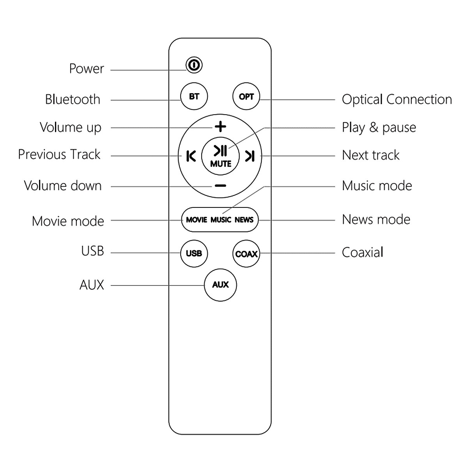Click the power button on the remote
pos(194,65)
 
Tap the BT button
pos(194,96)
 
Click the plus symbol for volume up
pos(220,127)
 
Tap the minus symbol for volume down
pos(220,186)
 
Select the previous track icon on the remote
pos(191,156)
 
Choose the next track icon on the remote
pos(250,156)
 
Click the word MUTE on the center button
pos(221,164)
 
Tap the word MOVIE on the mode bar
pos(197,220)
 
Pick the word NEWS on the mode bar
pos(244,220)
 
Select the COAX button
pos(246,254)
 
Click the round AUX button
pos(220,285)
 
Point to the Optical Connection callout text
pos(397,99)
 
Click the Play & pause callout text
pos(379,128)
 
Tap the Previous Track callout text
pos(59,154)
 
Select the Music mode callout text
pos(377,186)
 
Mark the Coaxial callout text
pos(362,252)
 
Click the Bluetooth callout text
pos(73,99)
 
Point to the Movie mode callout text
pos(68,221)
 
